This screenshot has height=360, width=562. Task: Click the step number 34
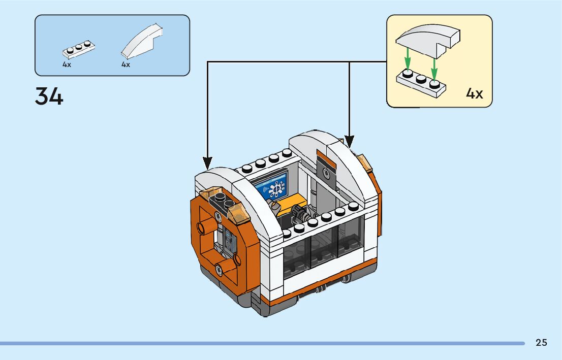(49, 96)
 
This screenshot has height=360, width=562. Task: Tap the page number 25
(541, 343)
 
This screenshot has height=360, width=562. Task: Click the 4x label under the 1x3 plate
(67, 65)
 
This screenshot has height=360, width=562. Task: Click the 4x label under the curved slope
(126, 65)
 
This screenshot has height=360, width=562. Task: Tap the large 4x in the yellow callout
(475, 94)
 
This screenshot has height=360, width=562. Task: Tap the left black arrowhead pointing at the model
(207, 162)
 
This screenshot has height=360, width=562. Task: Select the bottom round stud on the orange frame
(218, 270)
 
